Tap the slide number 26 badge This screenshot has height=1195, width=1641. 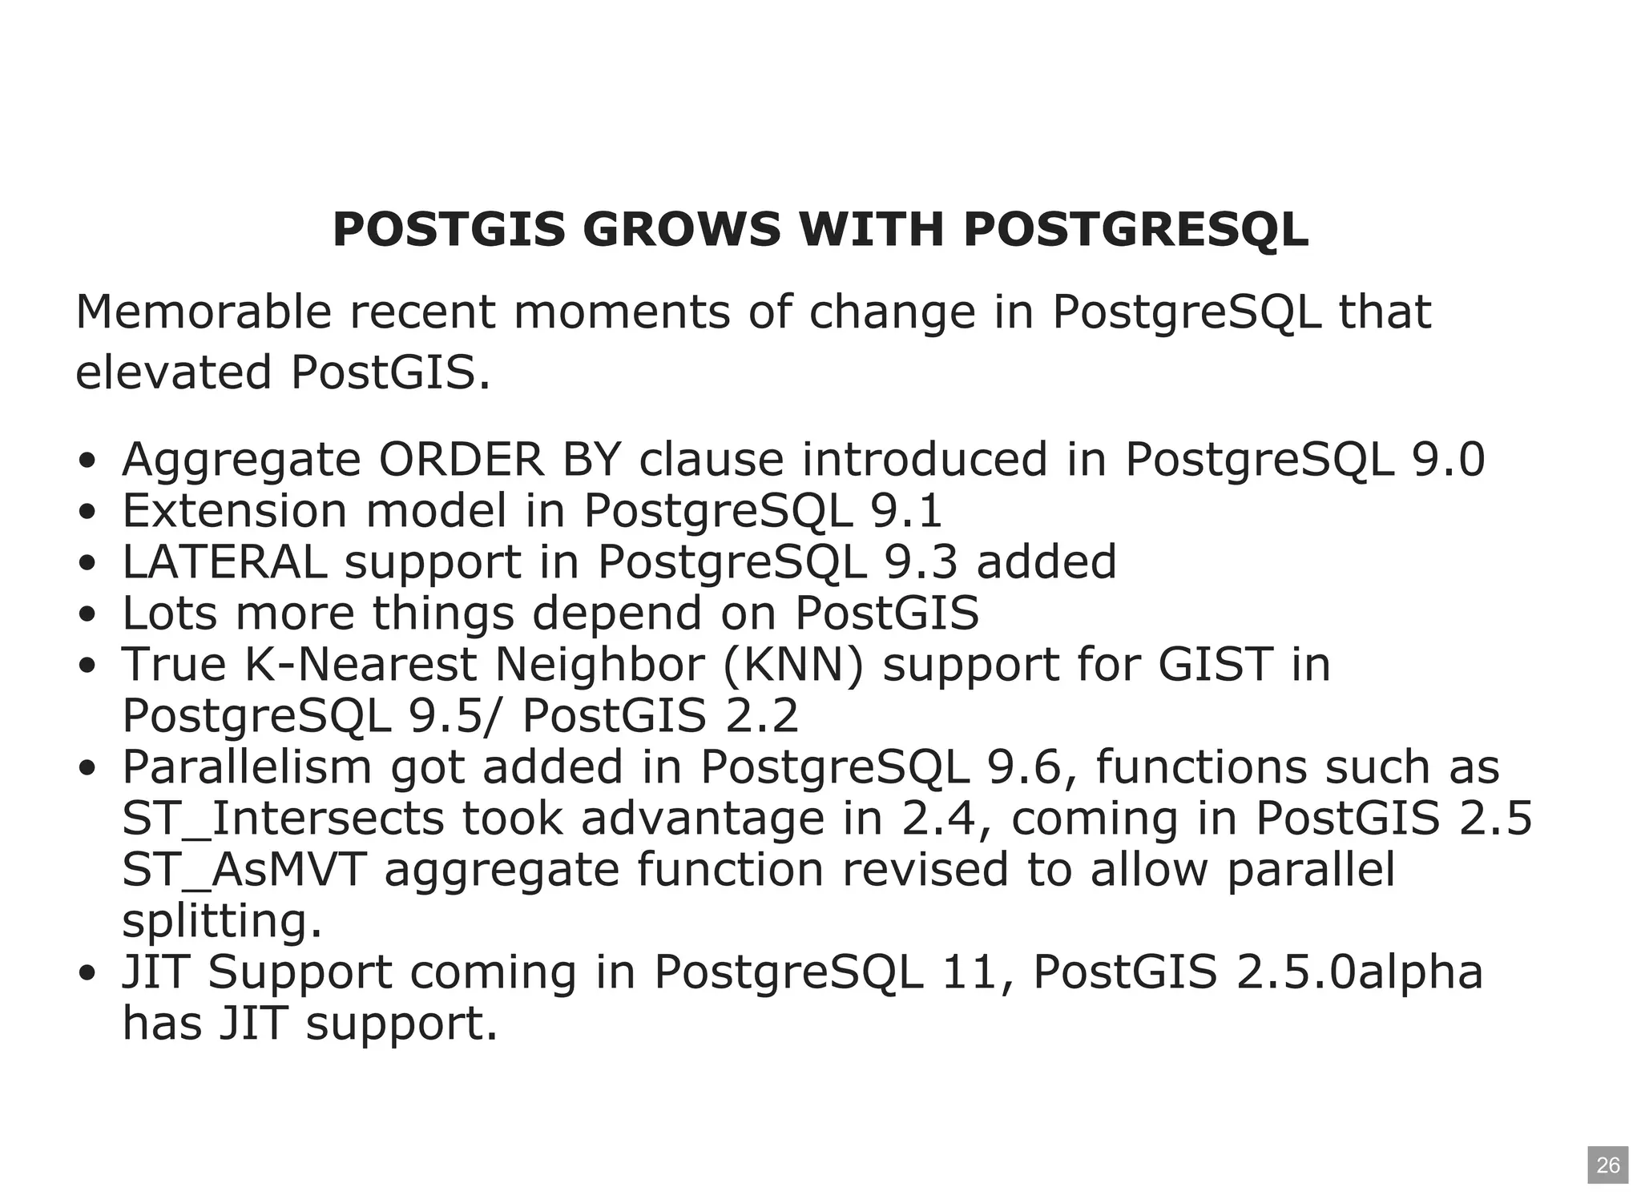1607,1165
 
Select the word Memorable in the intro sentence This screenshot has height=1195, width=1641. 203,312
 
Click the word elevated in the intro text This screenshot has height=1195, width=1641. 173,372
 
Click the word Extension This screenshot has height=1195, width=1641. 234,511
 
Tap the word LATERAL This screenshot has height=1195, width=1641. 224,562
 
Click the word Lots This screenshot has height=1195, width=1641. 168,614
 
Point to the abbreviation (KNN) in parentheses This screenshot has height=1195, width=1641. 793,665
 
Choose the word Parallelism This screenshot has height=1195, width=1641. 247,767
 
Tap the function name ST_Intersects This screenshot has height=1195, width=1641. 282,819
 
